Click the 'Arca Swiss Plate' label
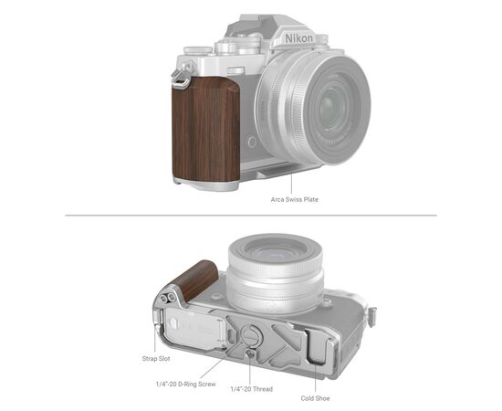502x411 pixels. (294, 198)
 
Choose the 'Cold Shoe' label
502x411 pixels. (315, 398)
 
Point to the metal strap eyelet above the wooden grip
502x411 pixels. (182, 80)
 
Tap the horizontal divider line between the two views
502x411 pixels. (250, 216)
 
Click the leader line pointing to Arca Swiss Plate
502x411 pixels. (294, 182)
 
